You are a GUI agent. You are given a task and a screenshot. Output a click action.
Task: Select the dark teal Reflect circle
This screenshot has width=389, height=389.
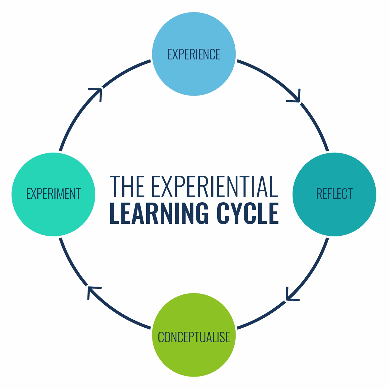334,212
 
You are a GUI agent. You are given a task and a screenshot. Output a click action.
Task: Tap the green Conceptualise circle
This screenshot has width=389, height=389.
194,355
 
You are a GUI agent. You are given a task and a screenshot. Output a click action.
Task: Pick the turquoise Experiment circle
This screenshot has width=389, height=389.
53,212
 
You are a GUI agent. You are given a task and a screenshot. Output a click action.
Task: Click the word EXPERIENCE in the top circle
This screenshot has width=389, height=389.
194,54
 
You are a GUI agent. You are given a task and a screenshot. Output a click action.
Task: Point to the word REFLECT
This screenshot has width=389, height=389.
334,194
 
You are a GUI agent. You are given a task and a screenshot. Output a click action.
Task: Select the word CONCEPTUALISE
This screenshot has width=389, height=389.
194,337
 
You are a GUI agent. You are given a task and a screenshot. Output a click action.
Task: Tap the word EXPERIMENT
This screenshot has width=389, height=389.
53,194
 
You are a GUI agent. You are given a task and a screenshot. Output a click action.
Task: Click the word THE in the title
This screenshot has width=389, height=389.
127,186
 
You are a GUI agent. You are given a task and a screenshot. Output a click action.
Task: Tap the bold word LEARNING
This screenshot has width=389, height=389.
159,213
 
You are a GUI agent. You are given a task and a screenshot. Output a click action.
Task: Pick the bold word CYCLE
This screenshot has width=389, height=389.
247,213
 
